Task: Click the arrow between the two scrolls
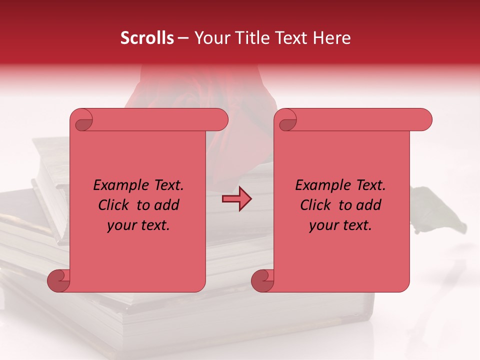point(236,199)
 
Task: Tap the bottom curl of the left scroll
point(59,280)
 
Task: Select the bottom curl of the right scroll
point(263,280)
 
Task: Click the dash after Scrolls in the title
point(183,38)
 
